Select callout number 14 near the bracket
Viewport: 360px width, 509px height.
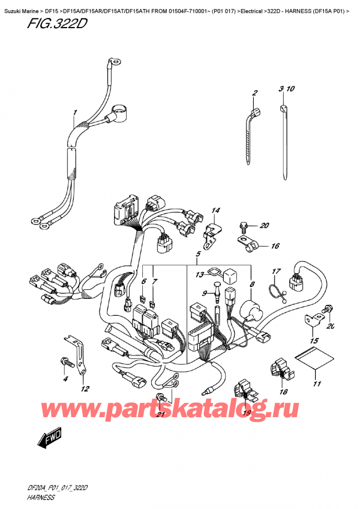[x=215, y=211]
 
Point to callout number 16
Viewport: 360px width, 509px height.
[x=275, y=246]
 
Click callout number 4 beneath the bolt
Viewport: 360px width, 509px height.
[x=66, y=379]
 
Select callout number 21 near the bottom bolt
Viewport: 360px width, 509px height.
[x=160, y=415]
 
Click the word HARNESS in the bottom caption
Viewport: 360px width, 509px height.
[x=42, y=498]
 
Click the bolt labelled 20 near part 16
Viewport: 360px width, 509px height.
[x=244, y=227]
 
